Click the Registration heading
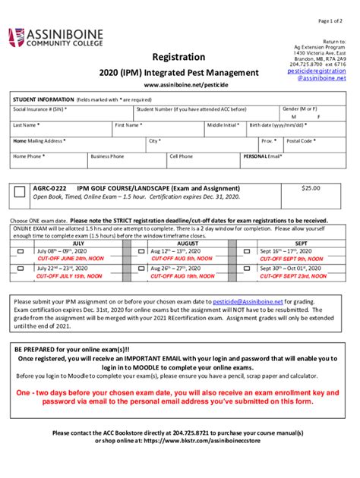[x=179, y=56]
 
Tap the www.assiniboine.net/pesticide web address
[x=179, y=86]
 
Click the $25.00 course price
[x=311, y=187]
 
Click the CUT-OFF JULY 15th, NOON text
[x=70, y=276]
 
